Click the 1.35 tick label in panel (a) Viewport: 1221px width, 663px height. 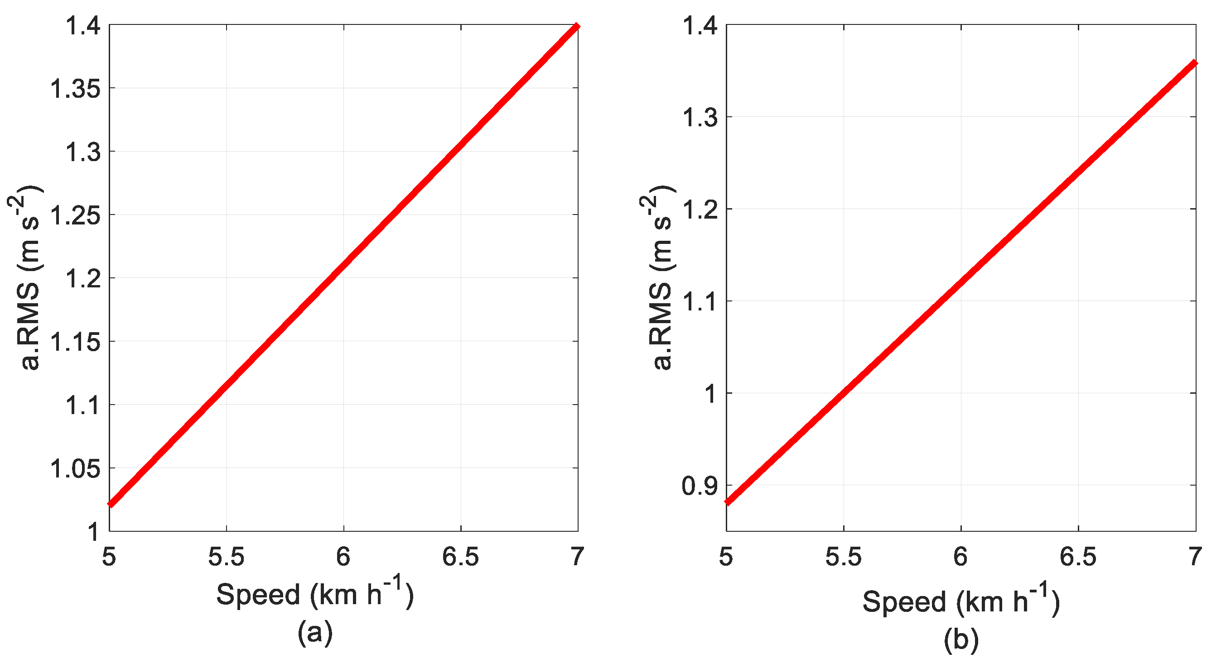point(75,89)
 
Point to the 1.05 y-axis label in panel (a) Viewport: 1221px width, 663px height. point(75,469)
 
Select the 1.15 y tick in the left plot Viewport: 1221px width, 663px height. point(75,343)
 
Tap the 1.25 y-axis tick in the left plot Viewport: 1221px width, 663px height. point(75,216)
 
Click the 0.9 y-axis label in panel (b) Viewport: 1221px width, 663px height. point(700,487)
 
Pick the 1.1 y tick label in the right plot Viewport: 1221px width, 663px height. point(700,302)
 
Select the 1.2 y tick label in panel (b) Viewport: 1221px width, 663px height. point(700,210)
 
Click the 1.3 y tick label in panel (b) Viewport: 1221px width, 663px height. point(700,118)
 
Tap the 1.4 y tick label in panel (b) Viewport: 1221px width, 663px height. point(700,26)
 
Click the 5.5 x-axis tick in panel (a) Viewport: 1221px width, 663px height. point(227,558)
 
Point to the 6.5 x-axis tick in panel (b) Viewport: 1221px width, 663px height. point(1078,558)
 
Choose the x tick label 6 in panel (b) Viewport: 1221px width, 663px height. point(961,558)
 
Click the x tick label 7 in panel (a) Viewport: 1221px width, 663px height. point(577,558)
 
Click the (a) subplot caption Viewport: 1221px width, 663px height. point(315,633)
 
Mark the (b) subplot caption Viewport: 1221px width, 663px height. point(961,640)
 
